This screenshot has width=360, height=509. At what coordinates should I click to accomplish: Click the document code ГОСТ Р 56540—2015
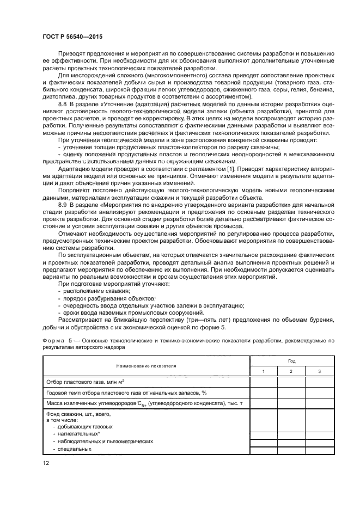[x=72, y=36]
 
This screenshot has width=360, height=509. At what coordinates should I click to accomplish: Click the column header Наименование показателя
[x=145, y=366]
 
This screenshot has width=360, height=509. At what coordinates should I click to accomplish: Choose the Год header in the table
[x=291, y=360]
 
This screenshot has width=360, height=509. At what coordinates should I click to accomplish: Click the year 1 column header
[x=264, y=371]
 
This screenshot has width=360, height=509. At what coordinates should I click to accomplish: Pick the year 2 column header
[x=291, y=371]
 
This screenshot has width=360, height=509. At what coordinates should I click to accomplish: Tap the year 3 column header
[x=320, y=371]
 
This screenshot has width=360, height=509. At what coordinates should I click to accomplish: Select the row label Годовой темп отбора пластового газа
[x=124, y=392]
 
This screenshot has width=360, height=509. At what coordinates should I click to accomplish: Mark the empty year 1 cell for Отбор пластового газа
[x=264, y=382]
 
